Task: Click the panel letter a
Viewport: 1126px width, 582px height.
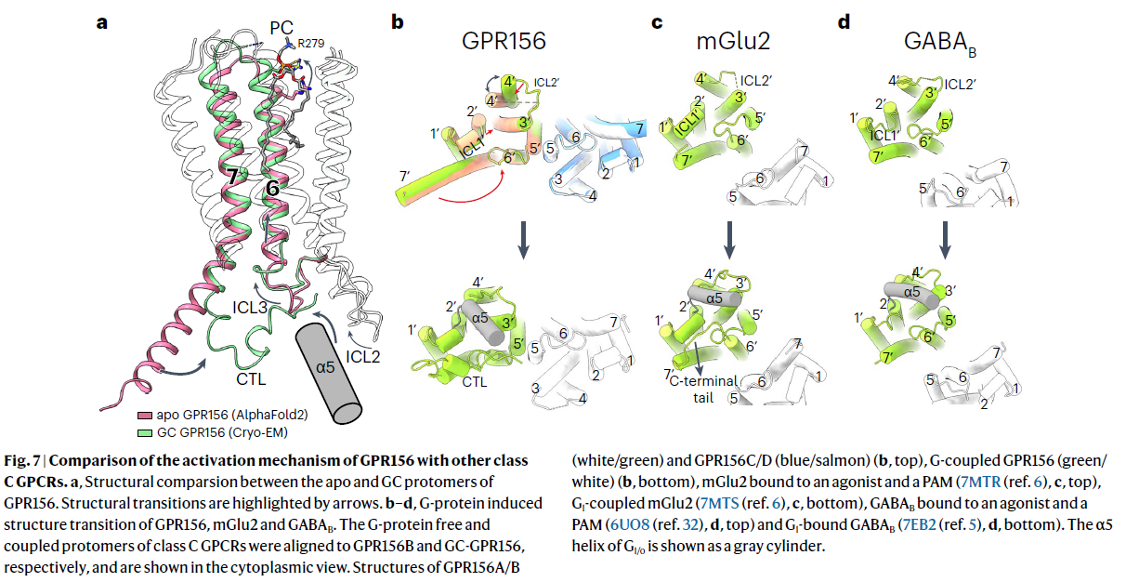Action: pyautogui.click(x=102, y=23)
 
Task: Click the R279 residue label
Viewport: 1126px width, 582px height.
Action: pyautogui.click(x=310, y=44)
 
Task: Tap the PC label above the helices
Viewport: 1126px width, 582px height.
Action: pyautogui.click(x=281, y=28)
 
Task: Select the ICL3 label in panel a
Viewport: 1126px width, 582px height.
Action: pyautogui.click(x=250, y=308)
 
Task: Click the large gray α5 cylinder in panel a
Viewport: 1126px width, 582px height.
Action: pyautogui.click(x=328, y=373)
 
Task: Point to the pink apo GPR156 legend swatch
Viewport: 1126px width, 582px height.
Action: pyautogui.click(x=145, y=416)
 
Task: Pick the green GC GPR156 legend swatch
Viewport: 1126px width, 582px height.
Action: pyautogui.click(x=145, y=433)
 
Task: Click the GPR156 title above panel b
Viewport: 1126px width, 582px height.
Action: pyautogui.click(x=504, y=41)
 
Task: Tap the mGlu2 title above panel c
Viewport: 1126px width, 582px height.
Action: pyautogui.click(x=733, y=41)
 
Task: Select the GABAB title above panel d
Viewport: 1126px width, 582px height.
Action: pyautogui.click(x=940, y=44)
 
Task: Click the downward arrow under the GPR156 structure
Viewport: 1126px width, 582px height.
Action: pyautogui.click(x=523, y=240)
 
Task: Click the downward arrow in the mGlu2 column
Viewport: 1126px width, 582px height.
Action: pyautogui.click(x=729, y=240)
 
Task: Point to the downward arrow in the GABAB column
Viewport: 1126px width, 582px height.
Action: pyautogui.click(x=945, y=240)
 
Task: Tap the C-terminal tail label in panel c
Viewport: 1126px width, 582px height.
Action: pyautogui.click(x=703, y=390)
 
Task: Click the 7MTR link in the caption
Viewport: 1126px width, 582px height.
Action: pyautogui.click(x=980, y=482)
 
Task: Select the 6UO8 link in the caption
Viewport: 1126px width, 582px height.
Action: pyautogui.click(x=629, y=524)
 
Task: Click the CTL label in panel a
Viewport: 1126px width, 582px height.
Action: pyautogui.click(x=251, y=379)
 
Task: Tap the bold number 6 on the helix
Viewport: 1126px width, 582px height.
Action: pyautogui.click(x=272, y=189)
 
